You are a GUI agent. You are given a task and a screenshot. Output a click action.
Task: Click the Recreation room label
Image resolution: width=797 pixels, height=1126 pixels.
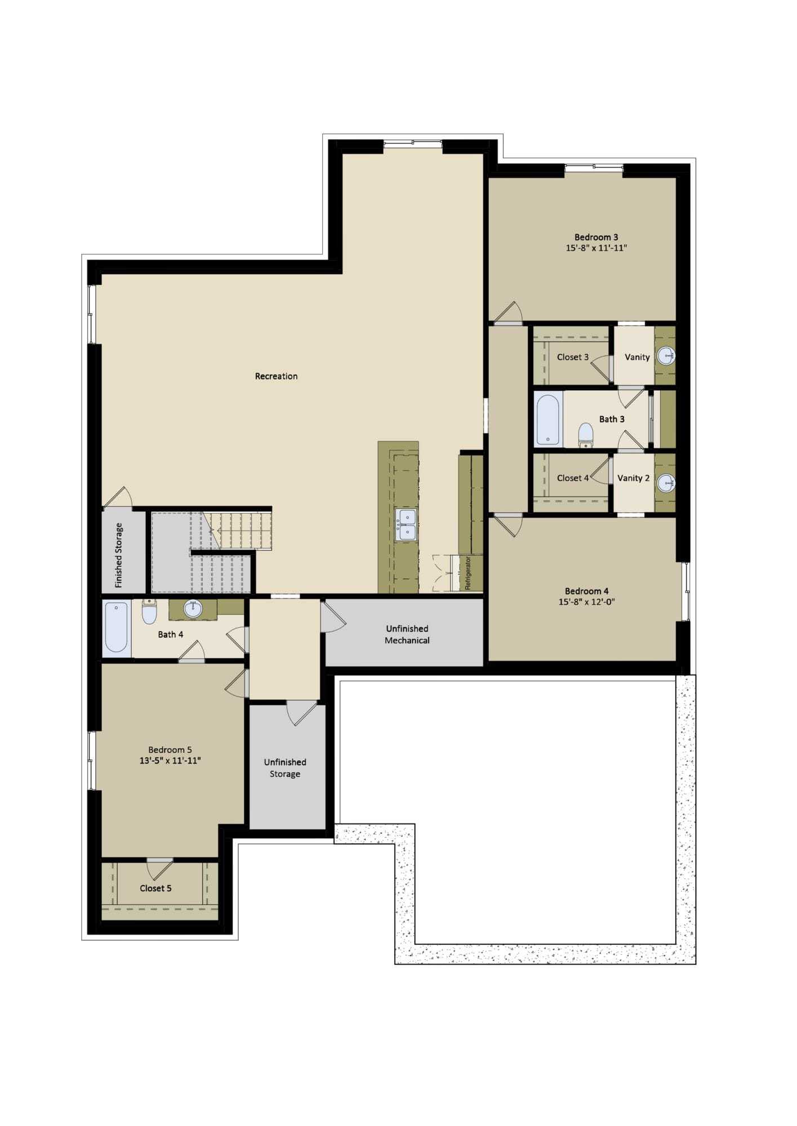coord(276,376)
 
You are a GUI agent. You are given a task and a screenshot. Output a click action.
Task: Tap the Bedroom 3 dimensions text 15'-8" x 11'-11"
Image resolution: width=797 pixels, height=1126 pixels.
coord(596,248)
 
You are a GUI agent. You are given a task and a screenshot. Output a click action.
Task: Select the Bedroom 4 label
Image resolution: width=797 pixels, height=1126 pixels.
coord(587,591)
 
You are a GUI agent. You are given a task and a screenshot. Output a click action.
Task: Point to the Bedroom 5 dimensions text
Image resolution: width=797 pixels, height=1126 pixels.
coord(170,761)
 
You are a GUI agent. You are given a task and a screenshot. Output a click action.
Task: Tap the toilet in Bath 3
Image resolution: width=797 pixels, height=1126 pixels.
coord(586,435)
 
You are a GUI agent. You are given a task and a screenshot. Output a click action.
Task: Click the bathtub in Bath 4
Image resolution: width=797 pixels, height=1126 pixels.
coord(117,627)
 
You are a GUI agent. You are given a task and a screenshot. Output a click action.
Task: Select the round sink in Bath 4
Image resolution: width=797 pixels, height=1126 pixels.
coord(193,609)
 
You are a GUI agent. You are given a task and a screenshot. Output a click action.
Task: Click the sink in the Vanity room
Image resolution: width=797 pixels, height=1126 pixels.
coord(666,355)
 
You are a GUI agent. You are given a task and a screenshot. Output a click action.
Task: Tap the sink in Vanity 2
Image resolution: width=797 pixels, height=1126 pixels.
coord(666,482)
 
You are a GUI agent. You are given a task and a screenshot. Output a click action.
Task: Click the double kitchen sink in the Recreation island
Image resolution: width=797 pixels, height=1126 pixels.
coord(406,525)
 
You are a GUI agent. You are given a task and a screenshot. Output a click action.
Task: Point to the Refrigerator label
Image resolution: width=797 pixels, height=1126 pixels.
coord(467,573)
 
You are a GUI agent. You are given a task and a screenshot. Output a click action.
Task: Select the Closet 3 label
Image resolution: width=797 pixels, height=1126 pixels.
coord(573,357)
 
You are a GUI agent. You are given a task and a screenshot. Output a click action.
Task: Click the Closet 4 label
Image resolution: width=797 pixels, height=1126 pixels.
coord(573,478)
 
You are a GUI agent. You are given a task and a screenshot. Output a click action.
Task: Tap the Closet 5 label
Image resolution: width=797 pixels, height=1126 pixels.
coord(155,888)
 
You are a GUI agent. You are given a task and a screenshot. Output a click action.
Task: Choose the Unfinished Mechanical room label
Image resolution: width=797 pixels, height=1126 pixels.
coord(407,635)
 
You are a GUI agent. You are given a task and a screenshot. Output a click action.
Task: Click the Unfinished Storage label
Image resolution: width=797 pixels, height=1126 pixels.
coord(285,768)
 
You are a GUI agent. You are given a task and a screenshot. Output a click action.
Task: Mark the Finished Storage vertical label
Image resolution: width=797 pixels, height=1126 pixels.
coord(119,555)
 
